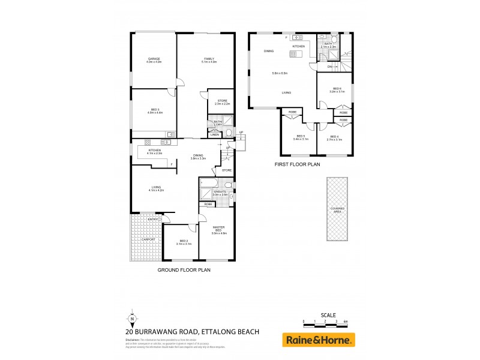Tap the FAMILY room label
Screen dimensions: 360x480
tap(208, 59)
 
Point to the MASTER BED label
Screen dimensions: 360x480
tap(218, 229)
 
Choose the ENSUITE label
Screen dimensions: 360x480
tap(219, 191)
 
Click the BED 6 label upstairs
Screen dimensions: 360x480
tap(337, 89)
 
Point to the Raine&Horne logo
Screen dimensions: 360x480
tap(319, 340)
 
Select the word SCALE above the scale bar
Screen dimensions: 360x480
tap(328, 315)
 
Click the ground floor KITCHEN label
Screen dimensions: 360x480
tap(155, 150)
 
